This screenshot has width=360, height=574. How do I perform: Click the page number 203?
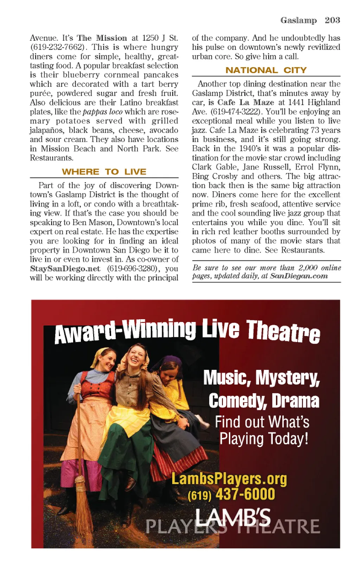[x=332, y=20]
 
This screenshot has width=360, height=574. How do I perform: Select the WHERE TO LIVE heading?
[x=104, y=172]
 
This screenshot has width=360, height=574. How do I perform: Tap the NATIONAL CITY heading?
[x=266, y=70]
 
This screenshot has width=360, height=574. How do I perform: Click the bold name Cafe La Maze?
[x=246, y=102]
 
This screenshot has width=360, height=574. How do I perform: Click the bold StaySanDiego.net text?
[x=65, y=269]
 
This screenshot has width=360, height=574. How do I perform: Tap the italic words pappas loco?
[x=103, y=112]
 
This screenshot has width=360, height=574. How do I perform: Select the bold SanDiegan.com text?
[x=299, y=276]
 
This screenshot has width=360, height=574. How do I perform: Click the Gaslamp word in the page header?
[x=298, y=20]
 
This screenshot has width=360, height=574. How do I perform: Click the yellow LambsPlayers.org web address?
[x=229, y=478]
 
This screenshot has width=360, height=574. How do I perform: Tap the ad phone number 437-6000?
[x=245, y=494]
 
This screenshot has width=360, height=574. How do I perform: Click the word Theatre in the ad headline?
[x=283, y=331]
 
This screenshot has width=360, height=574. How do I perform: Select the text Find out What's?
[x=262, y=422]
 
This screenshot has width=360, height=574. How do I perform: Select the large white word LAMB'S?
[x=233, y=518]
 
